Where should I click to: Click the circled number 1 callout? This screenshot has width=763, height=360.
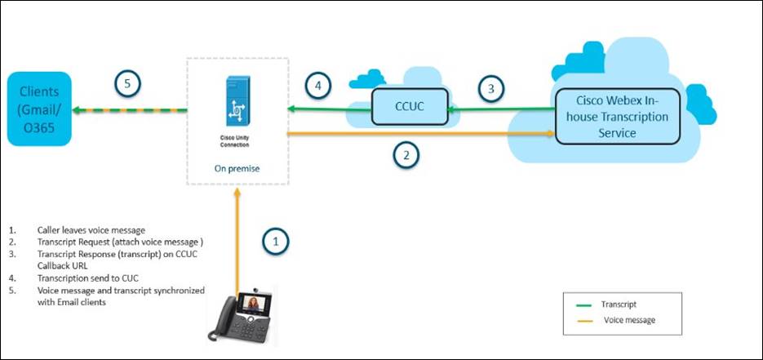[x=277, y=241]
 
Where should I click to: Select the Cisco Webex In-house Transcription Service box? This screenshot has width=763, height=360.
[x=618, y=116]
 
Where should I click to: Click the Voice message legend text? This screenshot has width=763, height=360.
[x=629, y=320]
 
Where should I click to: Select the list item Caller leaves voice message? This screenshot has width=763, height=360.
[x=92, y=230]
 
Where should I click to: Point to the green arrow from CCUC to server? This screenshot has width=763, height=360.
[x=326, y=109]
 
